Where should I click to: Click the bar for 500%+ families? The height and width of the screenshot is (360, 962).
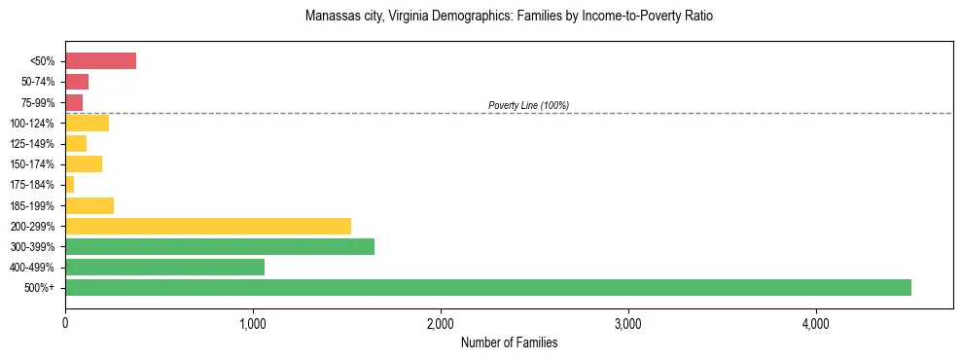click(487, 287)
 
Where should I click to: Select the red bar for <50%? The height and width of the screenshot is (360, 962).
click(100, 61)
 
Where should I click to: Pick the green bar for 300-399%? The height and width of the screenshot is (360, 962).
click(219, 246)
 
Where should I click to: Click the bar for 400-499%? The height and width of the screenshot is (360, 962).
click(164, 267)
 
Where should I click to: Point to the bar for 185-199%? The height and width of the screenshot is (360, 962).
click(89, 205)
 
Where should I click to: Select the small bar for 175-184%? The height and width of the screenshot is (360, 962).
click(69, 185)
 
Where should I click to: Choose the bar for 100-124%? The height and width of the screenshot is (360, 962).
click(87, 123)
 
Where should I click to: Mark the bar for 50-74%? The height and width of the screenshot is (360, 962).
click(77, 82)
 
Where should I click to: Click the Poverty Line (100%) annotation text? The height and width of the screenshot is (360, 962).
click(528, 105)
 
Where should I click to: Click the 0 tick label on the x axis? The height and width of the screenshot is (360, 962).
click(65, 321)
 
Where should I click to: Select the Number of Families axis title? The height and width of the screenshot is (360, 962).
click(509, 342)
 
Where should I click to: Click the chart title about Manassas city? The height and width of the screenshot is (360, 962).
click(509, 17)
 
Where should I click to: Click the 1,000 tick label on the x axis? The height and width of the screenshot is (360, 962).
click(252, 321)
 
